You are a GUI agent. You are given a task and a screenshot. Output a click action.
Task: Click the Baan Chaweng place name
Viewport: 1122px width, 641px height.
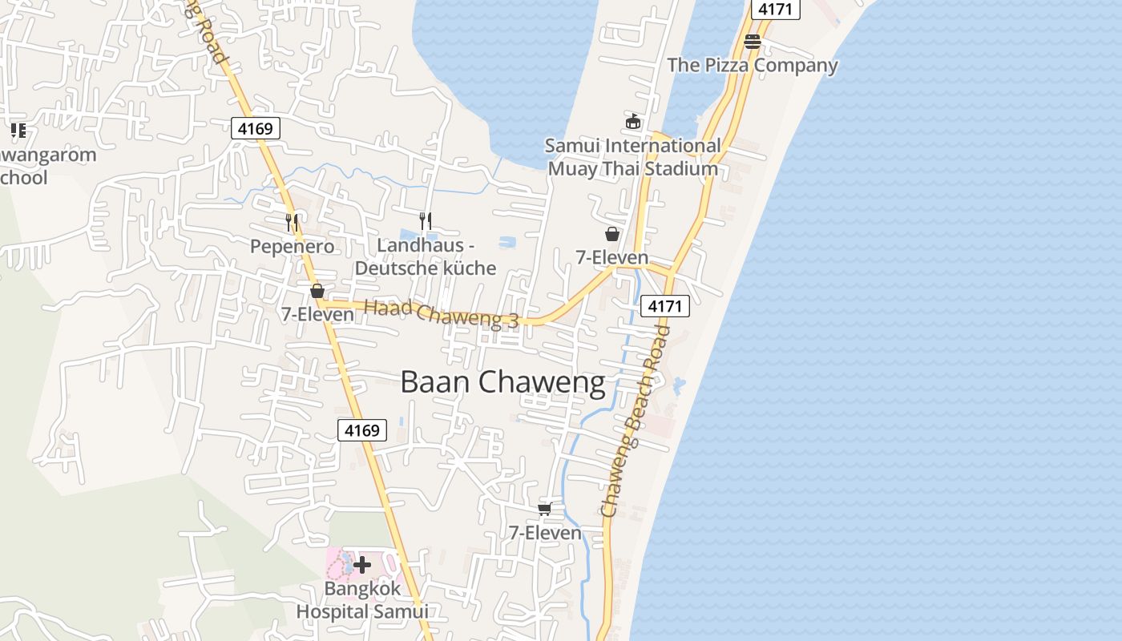(502, 382)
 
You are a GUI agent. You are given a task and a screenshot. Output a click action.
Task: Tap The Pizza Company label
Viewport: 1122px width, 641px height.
(753, 65)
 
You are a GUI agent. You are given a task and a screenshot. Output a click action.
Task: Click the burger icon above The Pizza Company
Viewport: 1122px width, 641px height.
(752, 42)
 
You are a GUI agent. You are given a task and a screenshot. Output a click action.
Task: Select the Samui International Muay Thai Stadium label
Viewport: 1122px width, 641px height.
(633, 157)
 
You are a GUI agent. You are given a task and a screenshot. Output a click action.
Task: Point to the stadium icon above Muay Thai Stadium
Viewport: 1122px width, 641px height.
(633, 122)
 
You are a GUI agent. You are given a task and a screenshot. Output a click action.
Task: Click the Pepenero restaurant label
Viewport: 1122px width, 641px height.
(292, 246)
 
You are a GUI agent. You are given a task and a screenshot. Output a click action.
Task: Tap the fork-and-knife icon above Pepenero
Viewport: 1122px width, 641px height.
(292, 221)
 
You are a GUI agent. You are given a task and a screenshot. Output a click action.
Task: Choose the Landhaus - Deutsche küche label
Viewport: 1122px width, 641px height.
(426, 256)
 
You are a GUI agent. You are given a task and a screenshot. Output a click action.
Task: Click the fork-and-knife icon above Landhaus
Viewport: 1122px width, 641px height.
(426, 220)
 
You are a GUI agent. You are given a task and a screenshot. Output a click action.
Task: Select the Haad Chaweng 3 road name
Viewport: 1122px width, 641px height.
(442, 314)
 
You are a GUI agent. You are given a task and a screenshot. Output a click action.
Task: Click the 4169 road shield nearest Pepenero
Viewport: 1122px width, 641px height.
(256, 127)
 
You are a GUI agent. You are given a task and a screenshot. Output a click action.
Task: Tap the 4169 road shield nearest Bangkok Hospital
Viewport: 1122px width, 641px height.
(361, 430)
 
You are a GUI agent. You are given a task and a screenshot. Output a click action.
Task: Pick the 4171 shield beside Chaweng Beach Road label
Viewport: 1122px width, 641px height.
(665, 305)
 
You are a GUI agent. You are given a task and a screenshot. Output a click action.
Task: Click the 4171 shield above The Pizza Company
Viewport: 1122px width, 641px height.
(775, 9)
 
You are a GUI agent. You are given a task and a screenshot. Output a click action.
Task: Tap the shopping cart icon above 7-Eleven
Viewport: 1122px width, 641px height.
(545, 509)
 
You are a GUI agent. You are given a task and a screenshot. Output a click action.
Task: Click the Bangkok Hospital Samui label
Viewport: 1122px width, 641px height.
(362, 600)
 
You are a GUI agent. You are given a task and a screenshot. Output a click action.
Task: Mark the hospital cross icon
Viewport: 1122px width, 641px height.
(362, 565)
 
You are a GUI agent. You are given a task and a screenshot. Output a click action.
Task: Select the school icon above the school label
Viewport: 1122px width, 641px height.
(18, 130)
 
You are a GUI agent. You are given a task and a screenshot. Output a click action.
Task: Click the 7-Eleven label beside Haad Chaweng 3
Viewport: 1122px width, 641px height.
(317, 314)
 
